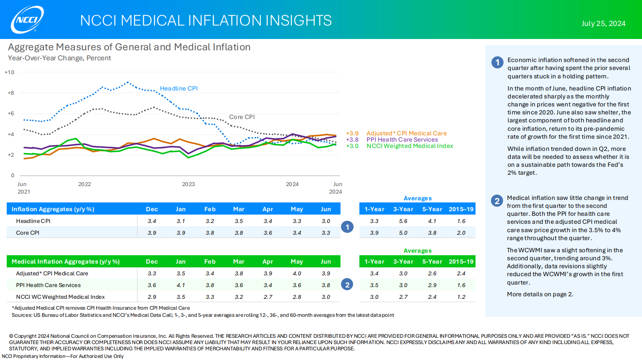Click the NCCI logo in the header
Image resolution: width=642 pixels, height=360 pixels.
tap(28, 19)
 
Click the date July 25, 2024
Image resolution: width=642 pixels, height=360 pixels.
tap(603, 23)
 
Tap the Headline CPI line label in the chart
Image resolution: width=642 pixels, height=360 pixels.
tap(179, 88)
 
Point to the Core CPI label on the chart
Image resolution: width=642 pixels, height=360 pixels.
tap(242, 117)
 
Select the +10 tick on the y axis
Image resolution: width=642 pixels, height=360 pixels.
tap(9, 73)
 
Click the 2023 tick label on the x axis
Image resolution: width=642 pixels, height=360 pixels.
tap(188, 184)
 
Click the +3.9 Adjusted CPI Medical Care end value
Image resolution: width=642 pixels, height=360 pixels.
tap(352, 133)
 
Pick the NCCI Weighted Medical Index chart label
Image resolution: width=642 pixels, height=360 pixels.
tap(410, 146)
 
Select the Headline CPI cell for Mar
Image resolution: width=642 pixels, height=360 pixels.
tap(239, 221)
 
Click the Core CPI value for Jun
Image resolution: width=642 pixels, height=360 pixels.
tap(326, 233)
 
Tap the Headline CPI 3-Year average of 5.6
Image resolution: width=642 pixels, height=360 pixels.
tap(403, 221)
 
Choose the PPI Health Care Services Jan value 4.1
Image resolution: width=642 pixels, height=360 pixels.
tap(181, 285)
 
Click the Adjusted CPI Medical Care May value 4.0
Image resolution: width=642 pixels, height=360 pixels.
tap(297, 273)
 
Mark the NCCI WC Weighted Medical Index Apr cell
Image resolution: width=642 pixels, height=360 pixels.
tap(268, 297)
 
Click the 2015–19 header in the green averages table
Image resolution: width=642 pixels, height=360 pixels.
tap(461, 262)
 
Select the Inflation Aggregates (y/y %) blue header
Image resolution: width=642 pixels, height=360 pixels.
tap(53, 209)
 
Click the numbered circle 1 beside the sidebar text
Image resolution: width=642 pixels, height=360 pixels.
tap(497, 62)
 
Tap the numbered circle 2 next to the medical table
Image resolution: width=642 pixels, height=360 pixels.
tap(347, 285)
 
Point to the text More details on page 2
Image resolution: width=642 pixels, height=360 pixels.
tap(540, 294)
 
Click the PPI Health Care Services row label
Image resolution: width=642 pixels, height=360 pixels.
tap(48, 285)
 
